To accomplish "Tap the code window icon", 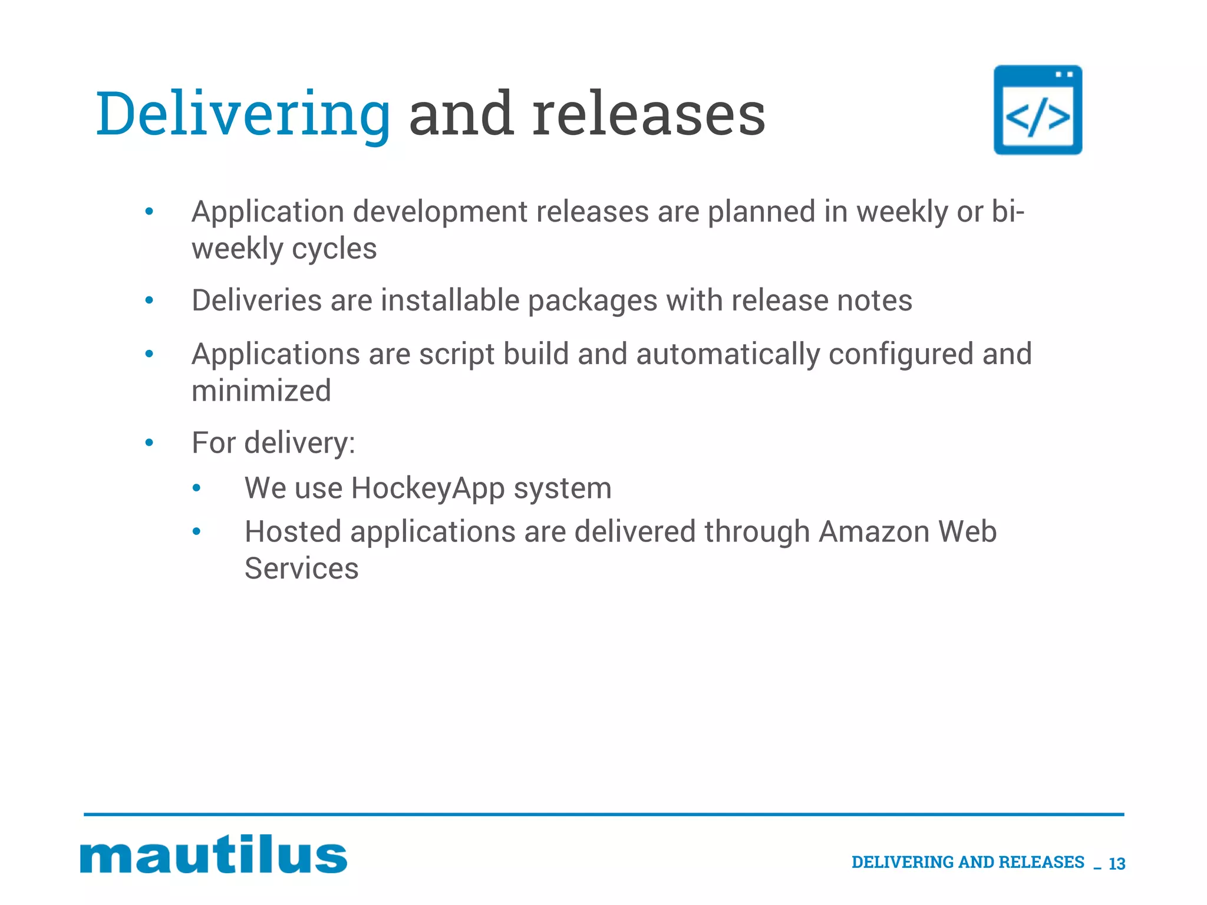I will [x=1038, y=110].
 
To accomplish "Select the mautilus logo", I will [x=213, y=854].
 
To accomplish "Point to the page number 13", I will [x=1117, y=864].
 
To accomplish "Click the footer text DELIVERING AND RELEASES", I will [x=968, y=862].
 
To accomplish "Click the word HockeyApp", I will [x=427, y=488].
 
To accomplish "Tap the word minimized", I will [x=261, y=391].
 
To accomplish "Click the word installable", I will [x=450, y=300].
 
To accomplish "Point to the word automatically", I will [x=728, y=354].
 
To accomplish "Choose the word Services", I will [x=301, y=569].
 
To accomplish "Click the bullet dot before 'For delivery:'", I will [x=149, y=442].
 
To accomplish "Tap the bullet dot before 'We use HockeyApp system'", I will [x=197, y=488].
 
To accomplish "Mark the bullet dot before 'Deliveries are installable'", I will [x=149, y=300].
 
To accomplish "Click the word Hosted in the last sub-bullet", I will [x=293, y=531].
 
